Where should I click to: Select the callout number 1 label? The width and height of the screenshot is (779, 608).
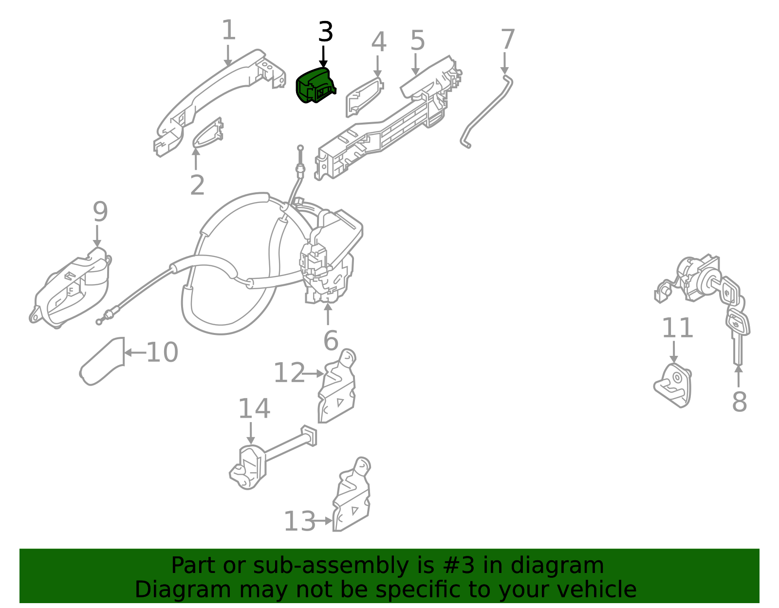229,30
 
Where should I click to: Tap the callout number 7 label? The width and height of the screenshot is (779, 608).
508,39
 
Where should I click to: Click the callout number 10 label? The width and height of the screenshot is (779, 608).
162,352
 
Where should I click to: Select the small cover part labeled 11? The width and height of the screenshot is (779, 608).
673,385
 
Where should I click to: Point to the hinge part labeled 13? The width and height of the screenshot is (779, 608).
352,495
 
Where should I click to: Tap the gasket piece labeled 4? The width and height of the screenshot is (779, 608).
364,97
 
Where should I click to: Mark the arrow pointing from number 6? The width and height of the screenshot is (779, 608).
328,314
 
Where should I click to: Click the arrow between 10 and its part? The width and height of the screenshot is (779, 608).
135,353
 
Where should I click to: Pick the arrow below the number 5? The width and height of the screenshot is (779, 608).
415,64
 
